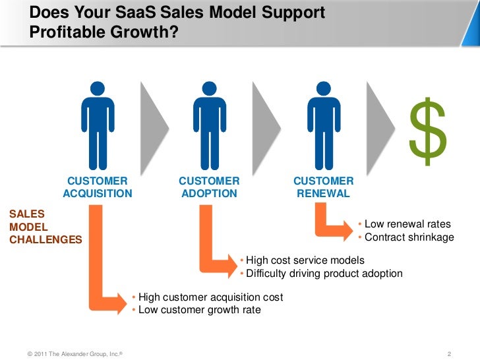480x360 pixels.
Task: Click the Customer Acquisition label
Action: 98,187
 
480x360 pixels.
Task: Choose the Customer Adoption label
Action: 209,187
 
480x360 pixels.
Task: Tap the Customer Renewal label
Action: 323,187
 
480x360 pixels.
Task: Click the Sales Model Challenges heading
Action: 45,227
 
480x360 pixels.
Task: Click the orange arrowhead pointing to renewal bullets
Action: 346,231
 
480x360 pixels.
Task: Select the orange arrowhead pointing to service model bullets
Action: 229,267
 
